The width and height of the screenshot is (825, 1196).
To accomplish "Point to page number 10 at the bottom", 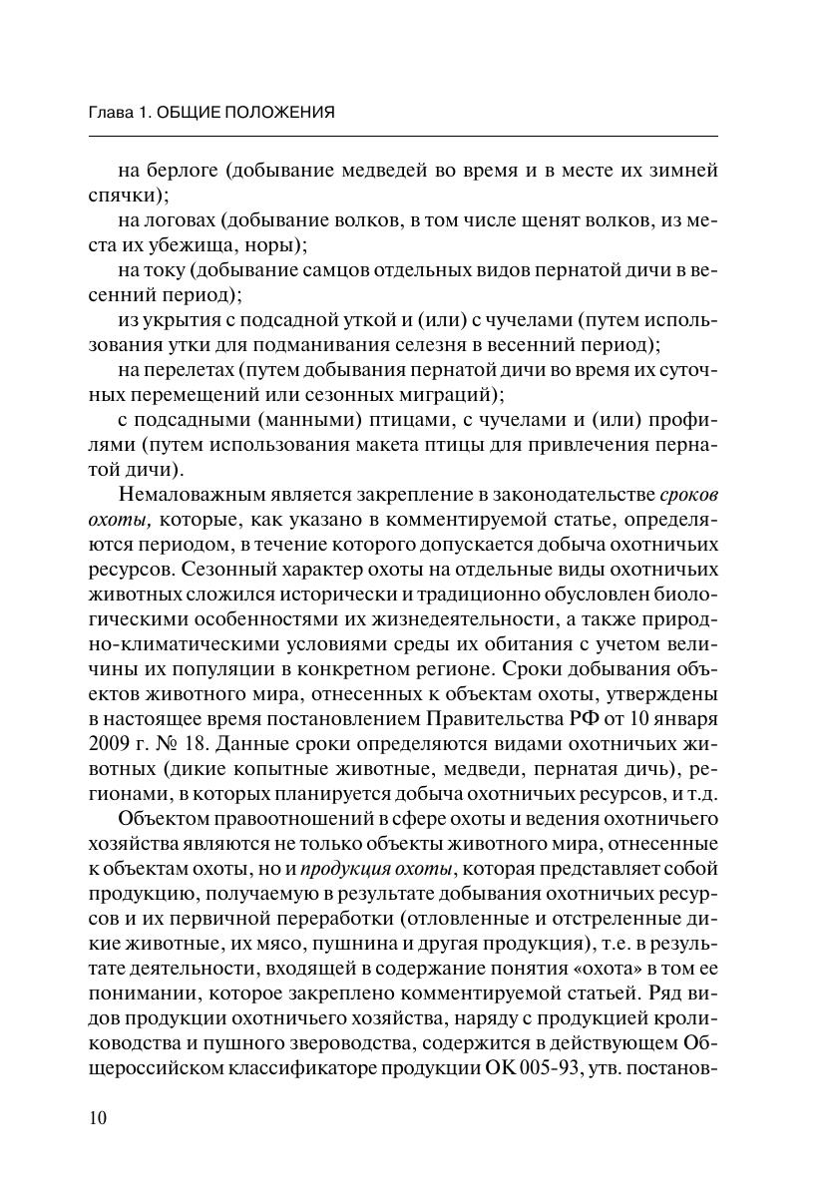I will [97, 1117].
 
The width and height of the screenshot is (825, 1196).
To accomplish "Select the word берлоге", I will [183, 171].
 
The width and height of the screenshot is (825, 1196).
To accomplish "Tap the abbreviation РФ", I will [576, 719].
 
